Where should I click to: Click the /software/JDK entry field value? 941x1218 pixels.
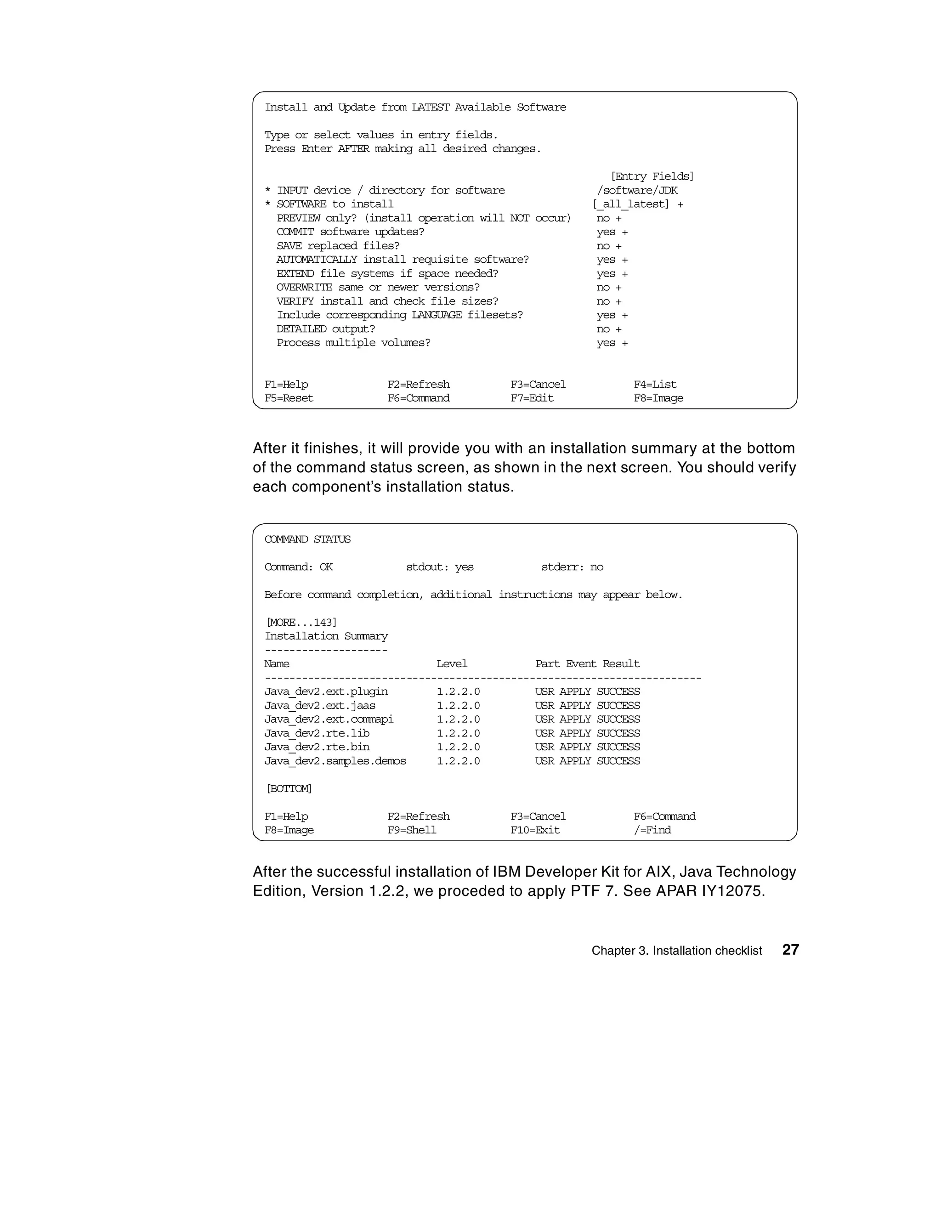[x=637, y=191]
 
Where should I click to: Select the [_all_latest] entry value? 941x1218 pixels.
[x=630, y=204]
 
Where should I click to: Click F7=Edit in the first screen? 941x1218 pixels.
[x=532, y=398]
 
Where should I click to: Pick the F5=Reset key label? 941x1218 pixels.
[x=289, y=398]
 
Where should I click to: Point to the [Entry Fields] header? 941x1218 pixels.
[x=652, y=177]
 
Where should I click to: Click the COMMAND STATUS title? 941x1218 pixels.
[x=307, y=539]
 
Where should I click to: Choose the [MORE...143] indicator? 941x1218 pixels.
[x=301, y=623]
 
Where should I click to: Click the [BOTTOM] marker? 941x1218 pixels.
[x=289, y=788]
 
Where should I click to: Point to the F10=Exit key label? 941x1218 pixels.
[x=535, y=830]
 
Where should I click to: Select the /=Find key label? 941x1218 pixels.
[x=652, y=830]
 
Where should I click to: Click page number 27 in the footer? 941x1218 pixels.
[x=790, y=950]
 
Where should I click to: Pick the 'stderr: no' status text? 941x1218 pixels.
[x=573, y=567]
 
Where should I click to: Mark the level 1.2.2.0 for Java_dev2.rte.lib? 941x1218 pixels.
[x=458, y=734]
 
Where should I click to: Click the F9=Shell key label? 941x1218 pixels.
[x=412, y=830]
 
